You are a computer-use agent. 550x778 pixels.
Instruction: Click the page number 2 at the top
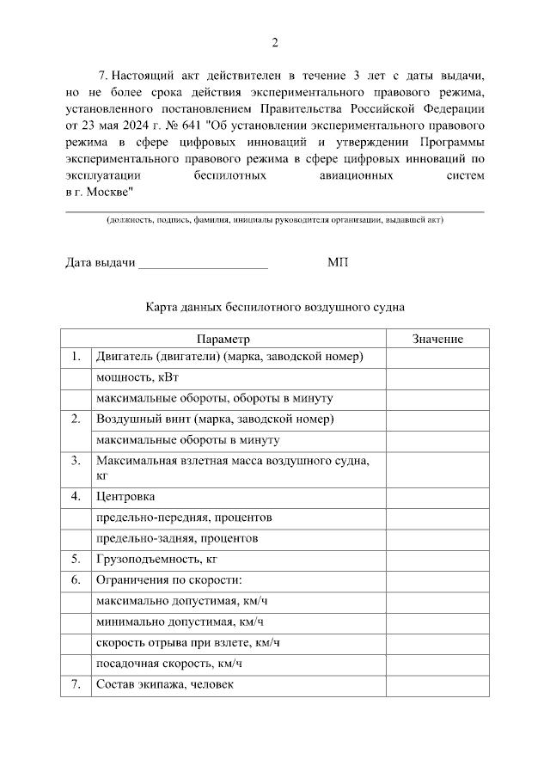pyautogui.click(x=275, y=43)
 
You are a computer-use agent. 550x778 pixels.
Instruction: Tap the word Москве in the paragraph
pyautogui.click(x=107, y=191)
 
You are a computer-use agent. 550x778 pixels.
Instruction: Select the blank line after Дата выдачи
pyautogui.click(x=203, y=262)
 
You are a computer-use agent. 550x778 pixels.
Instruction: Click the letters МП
pyautogui.click(x=338, y=262)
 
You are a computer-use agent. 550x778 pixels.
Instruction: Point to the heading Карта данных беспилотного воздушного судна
pyautogui.click(x=274, y=306)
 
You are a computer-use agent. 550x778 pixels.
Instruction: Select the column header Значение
pyautogui.click(x=437, y=339)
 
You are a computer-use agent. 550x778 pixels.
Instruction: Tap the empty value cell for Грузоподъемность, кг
pyautogui.click(x=437, y=559)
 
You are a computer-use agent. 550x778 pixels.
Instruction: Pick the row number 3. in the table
pyautogui.click(x=76, y=461)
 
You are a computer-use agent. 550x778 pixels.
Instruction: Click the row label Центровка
pyautogui.click(x=126, y=497)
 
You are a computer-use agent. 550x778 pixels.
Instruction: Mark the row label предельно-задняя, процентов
pyautogui.click(x=178, y=538)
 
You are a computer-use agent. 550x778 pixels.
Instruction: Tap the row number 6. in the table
pyautogui.click(x=76, y=580)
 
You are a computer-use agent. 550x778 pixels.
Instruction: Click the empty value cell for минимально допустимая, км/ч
pyautogui.click(x=437, y=622)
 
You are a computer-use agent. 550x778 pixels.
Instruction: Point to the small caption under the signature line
pyautogui.click(x=274, y=221)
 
